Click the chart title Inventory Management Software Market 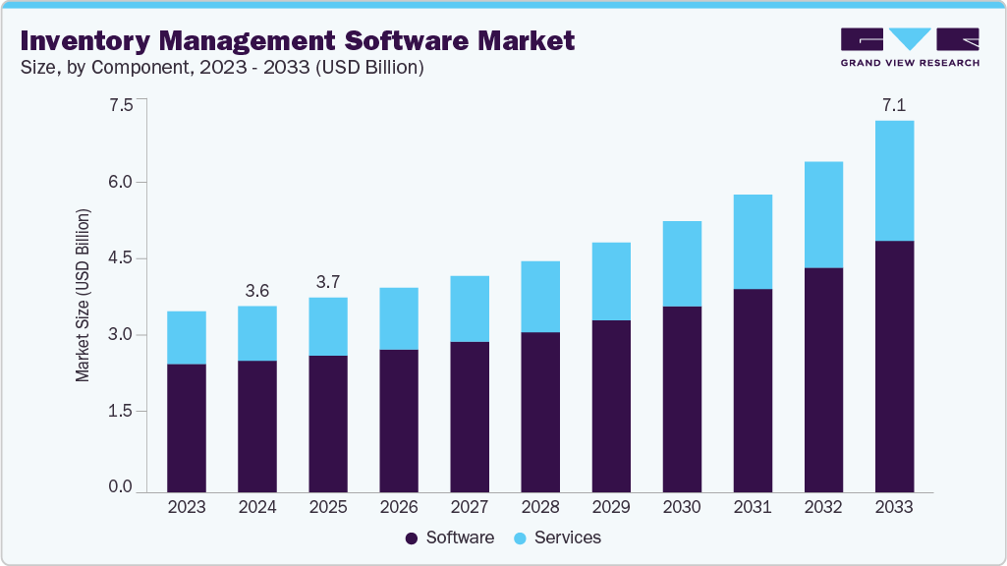click(297, 41)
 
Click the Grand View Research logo click(910, 46)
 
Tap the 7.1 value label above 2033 click(894, 105)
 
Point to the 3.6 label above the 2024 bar click(257, 291)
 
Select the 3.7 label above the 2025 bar click(328, 282)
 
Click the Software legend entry click(450, 538)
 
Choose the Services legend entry click(556, 538)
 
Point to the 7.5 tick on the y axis click(120, 106)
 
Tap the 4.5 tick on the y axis click(120, 258)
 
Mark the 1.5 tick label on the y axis click(120, 411)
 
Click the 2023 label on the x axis click(187, 507)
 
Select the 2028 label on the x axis click(540, 507)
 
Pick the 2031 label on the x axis click(753, 507)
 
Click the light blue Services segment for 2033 click(894, 181)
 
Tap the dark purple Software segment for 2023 click(187, 427)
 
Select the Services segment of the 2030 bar click(682, 263)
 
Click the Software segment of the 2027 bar click(470, 417)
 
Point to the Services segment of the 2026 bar click(399, 318)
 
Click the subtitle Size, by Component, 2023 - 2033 click(221, 68)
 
